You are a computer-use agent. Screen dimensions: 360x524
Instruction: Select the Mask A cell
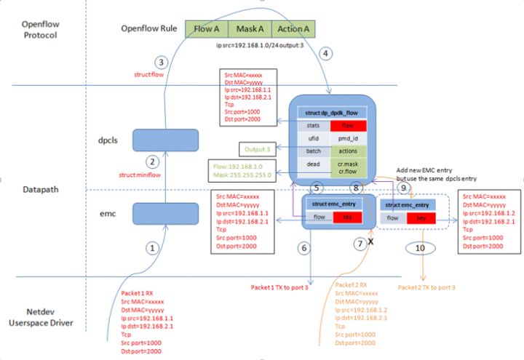click(249, 29)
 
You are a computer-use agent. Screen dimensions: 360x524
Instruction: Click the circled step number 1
click(152, 247)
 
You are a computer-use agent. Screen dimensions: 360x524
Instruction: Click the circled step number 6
click(304, 248)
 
